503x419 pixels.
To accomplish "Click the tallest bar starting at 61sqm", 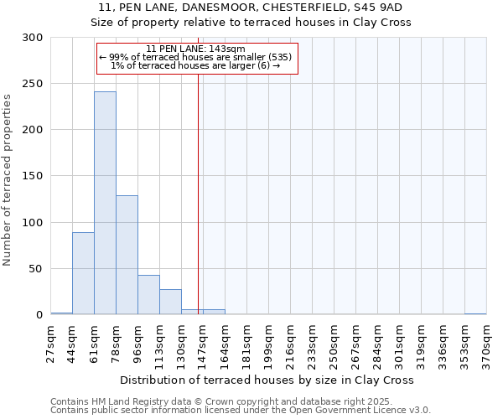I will [x=105, y=203].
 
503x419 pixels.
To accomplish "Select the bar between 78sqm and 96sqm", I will [x=127, y=255].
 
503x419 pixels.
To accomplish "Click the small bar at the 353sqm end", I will [x=475, y=313].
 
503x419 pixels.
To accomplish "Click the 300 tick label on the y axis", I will [x=33, y=38].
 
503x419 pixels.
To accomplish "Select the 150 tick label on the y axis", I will [x=33, y=176].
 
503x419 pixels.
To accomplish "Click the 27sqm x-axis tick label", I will [x=51, y=342].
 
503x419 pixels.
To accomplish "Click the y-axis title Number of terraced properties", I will [x=8, y=179].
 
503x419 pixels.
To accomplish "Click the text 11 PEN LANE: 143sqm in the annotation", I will [x=195, y=49].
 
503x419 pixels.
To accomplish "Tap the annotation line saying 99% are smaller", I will [x=195, y=57].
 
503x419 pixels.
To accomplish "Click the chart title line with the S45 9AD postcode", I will [x=251, y=8].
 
